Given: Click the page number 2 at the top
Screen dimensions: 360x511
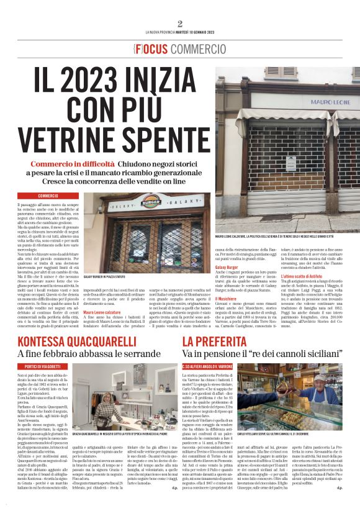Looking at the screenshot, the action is click(179, 24).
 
